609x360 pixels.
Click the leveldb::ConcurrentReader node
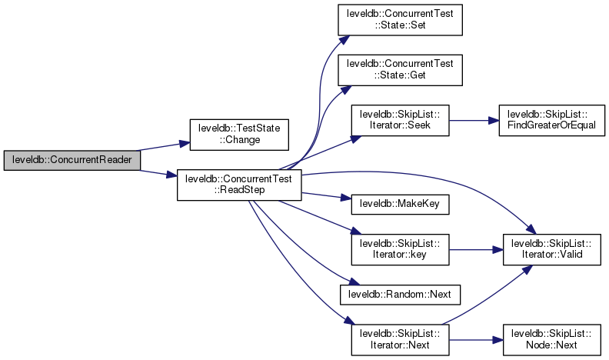[x=72, y=160]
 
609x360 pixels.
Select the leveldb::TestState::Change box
[x=239, y=134]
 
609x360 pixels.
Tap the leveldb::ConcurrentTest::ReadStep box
[x=239, y=186]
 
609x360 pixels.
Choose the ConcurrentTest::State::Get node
[x=400, y=71]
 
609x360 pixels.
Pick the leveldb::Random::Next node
[x=400, y=294]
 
